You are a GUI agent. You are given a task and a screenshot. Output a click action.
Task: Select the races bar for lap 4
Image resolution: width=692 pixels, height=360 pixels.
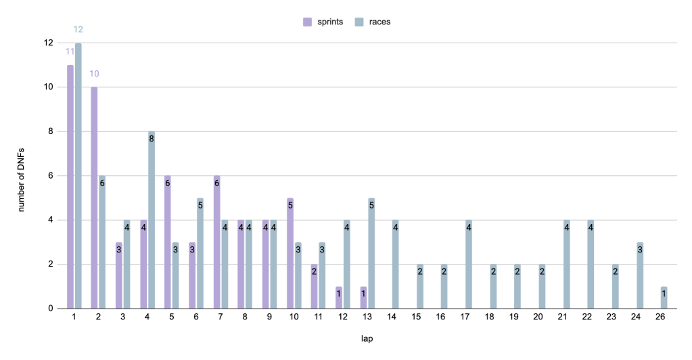152,220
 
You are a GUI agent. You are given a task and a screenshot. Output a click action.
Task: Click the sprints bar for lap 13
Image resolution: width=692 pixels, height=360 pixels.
363,298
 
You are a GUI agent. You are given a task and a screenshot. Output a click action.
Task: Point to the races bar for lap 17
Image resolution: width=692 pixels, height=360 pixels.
469,264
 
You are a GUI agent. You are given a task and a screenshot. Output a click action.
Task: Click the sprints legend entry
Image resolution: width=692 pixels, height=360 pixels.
323,22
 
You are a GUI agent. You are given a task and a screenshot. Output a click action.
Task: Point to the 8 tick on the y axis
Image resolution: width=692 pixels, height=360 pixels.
49,131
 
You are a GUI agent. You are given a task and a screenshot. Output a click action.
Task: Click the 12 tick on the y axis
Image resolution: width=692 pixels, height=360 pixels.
47,43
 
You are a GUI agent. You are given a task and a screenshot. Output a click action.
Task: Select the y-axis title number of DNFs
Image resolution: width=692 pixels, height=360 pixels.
21,176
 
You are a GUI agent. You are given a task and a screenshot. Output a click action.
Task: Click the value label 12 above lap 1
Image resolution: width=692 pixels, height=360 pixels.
78,29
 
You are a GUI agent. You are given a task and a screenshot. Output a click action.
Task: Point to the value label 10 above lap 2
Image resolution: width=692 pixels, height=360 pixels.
95,73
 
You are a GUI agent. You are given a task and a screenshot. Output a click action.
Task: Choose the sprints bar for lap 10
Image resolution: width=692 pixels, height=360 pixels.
290,253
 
